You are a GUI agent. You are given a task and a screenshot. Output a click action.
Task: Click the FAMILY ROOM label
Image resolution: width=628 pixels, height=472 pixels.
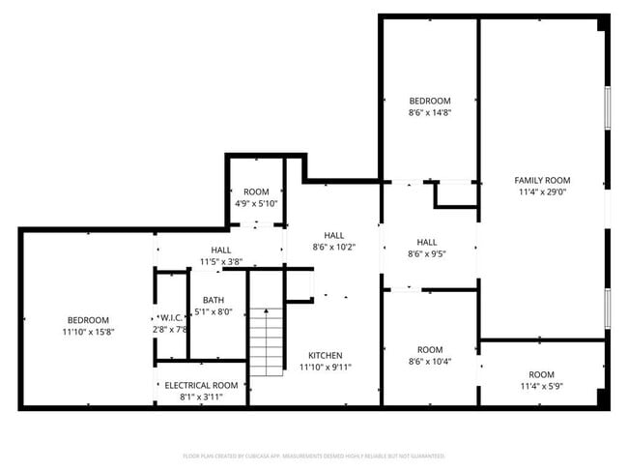pyautogui.click(x=541, y=180)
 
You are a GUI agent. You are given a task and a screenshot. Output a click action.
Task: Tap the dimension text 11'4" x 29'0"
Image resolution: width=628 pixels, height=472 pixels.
pyautogui.click(x=541, y=192)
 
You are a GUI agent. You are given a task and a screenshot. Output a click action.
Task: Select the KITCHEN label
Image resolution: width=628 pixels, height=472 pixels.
pyautogui.click(x=325, y=355)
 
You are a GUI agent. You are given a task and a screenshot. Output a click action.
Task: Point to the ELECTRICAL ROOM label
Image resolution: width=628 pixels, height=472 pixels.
pyautogui.click(x=201, y=385)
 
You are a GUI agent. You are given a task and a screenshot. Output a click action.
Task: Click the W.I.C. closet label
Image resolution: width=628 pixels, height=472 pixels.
pyautogui.click(x=170, y=317)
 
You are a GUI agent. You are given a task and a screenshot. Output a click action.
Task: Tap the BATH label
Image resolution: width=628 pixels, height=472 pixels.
pyautogui.click(x=212, y=300)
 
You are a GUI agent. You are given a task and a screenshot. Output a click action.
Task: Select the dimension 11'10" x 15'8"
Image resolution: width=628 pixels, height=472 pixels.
pyautogui.click(x=87, y=332)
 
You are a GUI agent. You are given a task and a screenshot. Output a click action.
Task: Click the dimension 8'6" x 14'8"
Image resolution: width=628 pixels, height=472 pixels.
pyautogui.click(x=430, y=112)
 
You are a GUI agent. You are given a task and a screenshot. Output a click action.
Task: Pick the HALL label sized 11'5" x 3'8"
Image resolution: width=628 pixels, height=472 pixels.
pyautogui.click(x=220, y=251)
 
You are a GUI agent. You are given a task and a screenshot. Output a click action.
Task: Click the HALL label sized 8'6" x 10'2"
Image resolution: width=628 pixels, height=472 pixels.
pyautogui.click(x=333, y=235)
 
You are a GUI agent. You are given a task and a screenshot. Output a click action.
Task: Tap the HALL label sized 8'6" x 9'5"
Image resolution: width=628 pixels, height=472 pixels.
pyautogui.click(x=427, y=242)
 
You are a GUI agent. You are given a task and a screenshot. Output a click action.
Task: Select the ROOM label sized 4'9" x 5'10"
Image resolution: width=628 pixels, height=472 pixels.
pyautogui.click(x=256, y=192)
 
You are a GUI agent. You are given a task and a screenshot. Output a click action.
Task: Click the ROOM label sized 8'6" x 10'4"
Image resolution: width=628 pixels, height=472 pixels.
pyautogui.click(x=430, y=349)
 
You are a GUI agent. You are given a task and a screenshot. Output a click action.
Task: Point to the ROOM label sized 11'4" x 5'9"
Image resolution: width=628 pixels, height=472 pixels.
pyautogui.click(x=541, y=374)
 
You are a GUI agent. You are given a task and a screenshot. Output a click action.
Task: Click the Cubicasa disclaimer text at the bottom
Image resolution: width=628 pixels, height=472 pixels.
pyautogui.click(x=313, y=455)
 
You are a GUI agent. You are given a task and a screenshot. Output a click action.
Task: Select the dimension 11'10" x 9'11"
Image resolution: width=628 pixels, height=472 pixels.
pyautogui.click(x=325, y=367)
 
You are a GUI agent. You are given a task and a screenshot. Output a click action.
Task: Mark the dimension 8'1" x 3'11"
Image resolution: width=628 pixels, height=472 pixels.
pyautogui.click(x=201, y=397)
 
